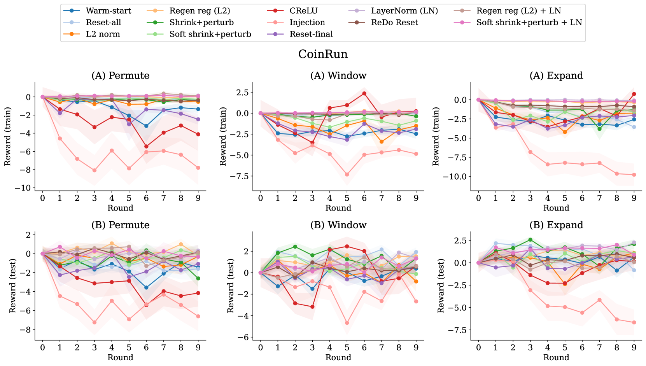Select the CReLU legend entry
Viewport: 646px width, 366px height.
pyautogui.click(x=303, y=11)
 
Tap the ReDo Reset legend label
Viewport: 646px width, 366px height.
pyautogui.click(x=394, y=23)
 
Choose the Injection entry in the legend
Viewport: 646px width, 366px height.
pyautogui.click(x=307, y=23)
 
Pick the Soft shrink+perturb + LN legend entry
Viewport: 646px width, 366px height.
pyautogui.click(x=529, y=23)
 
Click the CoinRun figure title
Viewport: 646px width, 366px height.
pyautogui.click(x=323, y=54)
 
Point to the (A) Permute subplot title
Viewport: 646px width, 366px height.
pyautogui.click(x=120, y=75)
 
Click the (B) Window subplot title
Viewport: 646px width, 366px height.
pyautogui.click(x=338, y=225)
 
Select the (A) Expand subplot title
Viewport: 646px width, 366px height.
pyautogui.click(x=556, y=75)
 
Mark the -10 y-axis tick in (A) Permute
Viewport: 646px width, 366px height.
pyautogui.click(x=25, y=188)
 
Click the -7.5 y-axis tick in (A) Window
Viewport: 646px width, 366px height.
pyautogui.click(x=240, y=176)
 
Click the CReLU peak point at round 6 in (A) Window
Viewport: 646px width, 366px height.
pyautogui.click(x=364, y=93)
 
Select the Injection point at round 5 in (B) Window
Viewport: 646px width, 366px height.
pyautogui.click(x=347, y=323)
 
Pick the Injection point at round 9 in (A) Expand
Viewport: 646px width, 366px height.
pyautogui.click(x=634, y=175)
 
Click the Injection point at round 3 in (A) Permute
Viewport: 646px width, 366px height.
pyautogui.click(x=95, y=170)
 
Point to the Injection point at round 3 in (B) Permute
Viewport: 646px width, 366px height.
pyautogui.click(x=95, y=322)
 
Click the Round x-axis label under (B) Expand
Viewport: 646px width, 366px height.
pyautogui.click(x=556, y=357)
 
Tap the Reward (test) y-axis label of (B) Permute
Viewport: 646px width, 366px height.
pyautogui.click(x=13, y=286)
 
